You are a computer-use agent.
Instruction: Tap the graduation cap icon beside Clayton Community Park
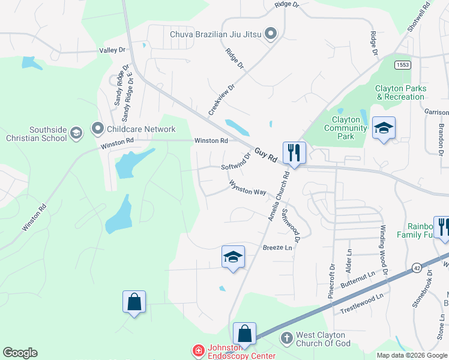coord(384,128)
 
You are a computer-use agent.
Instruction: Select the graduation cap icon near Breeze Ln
coord(233,257)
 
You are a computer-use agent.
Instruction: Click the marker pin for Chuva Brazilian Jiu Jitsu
coord(271,34)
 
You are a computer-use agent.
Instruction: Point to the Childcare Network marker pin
coord(97,128)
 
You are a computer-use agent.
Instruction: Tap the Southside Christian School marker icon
coord(76,133)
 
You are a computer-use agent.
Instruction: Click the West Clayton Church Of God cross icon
coord(286,339)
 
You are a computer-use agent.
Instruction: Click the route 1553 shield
coord(403,64)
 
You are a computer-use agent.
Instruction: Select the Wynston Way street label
coord(247,188)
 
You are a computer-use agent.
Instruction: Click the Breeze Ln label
coord(277,248)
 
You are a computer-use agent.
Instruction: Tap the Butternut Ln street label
coord(357,277)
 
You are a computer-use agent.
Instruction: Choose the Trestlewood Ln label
coord(361,303)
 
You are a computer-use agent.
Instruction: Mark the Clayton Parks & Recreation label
coord(400,92)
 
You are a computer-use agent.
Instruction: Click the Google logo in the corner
coord(20,353)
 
